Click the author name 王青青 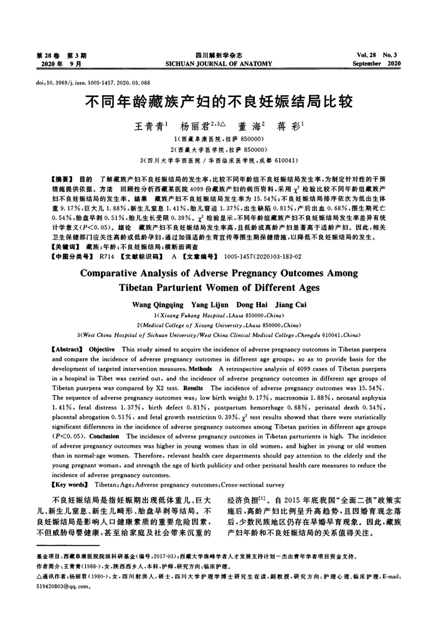tap(148, 125)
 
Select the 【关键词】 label tap(65, 246)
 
